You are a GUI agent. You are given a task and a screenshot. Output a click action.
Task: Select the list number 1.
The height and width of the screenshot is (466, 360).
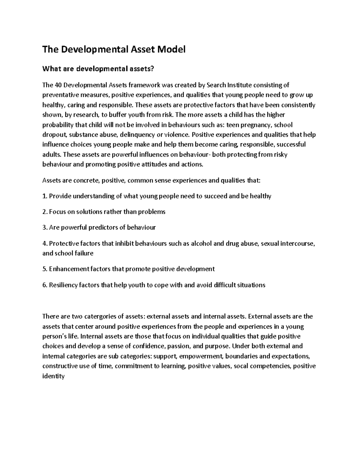click(44, 196)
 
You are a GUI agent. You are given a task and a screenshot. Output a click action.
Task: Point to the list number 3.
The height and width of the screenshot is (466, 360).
click(44, 227)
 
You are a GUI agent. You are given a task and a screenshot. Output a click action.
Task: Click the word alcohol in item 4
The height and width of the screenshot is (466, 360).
click(201, 243)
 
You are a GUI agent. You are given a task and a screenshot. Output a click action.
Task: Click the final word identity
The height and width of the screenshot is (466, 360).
click(53, 376)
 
